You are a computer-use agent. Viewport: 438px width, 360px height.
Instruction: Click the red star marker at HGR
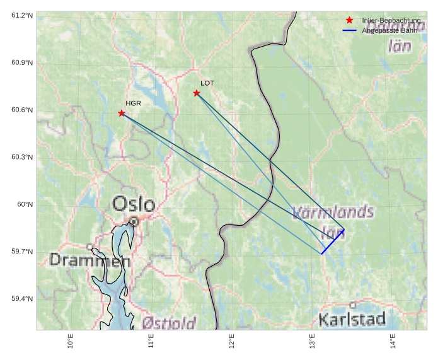pos(122,113)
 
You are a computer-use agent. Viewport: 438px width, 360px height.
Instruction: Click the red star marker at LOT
pos(197,93)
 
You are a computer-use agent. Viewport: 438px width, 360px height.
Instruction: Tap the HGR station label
pos(132,103)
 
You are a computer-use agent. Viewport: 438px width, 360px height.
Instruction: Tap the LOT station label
pos(207,83)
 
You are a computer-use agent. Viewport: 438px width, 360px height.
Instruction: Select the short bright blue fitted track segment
pos(333,241)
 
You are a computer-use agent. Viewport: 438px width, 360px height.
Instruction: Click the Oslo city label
pos(134,204)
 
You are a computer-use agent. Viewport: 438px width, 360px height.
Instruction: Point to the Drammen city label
pos(90,260)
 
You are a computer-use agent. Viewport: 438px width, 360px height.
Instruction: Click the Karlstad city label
pos(352,319)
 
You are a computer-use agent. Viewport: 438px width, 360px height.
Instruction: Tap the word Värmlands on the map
pos(333,212)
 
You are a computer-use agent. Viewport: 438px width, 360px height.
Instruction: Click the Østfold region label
pos(169,323)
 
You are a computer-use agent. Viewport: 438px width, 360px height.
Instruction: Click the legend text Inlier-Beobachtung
pos(391,21)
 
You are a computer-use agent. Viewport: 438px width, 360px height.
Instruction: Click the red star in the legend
pos(349,20)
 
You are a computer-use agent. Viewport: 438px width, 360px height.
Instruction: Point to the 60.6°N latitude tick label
pos(22,110)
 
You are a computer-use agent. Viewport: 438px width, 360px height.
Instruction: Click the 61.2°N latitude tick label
pos(22,15)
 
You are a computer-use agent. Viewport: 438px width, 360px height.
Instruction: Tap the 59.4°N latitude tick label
pos(22,299)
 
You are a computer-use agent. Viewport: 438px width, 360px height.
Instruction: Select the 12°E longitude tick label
pos(231,341)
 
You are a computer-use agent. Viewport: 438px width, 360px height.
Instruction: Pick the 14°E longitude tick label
pos(393,341)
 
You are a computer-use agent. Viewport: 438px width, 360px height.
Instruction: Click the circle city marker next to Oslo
pos(134,221)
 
